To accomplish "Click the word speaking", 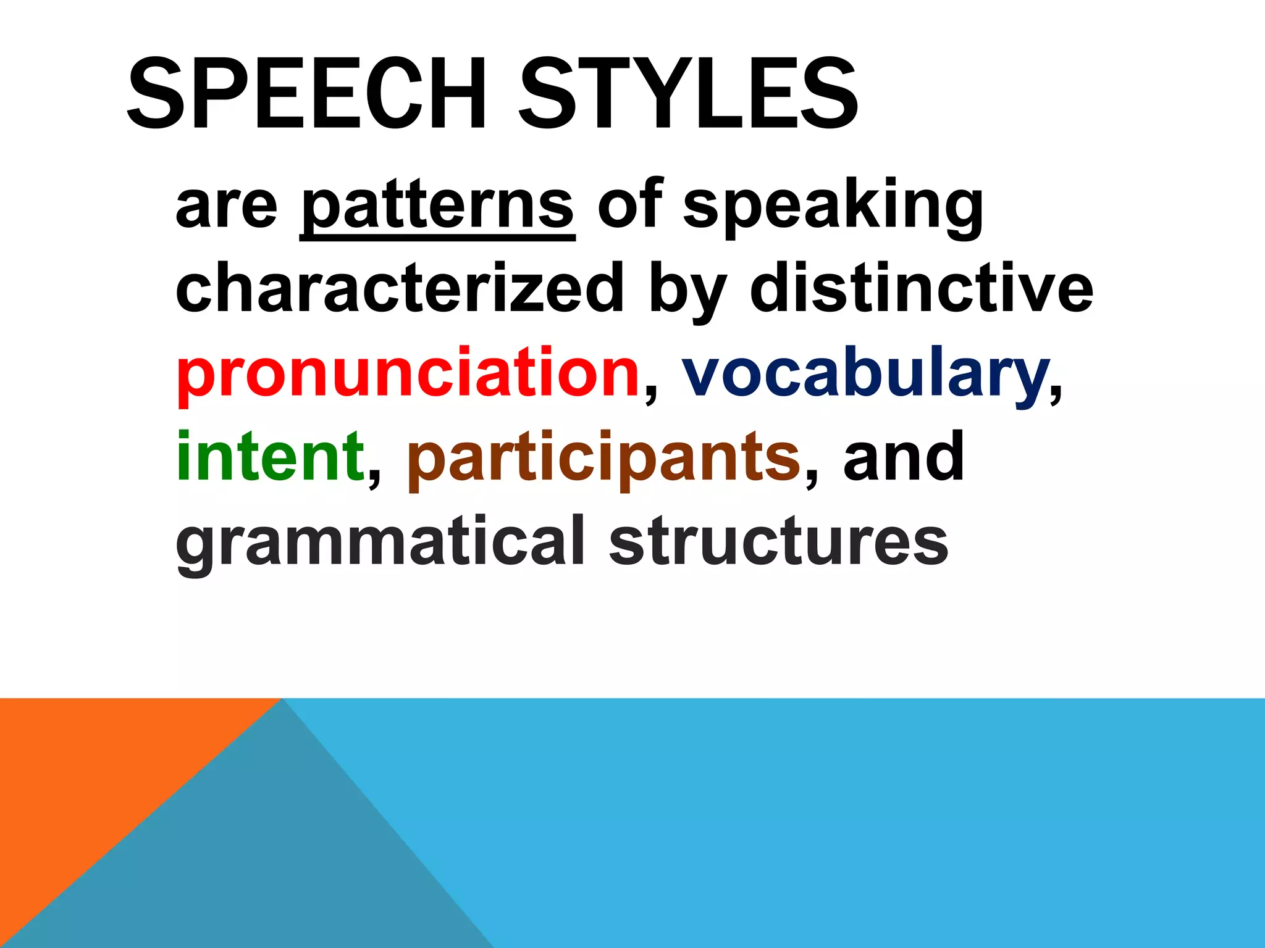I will coord(833,207).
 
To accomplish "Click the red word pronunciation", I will coord(408,374).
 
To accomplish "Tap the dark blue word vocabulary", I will coord(865,374).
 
